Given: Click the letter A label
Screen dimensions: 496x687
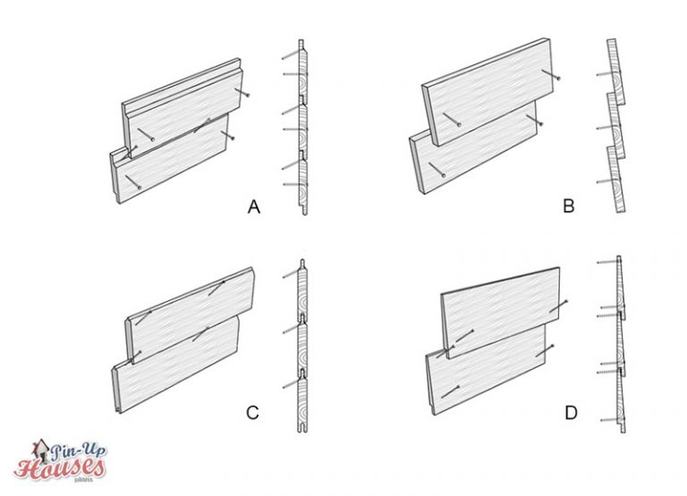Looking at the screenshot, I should click(x=253, y=207).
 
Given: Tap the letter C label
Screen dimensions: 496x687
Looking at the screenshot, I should click(x=252, y=412).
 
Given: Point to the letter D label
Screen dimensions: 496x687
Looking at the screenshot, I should click(x=568, y=412).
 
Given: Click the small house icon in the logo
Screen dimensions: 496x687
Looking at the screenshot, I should click(x=40, y=447).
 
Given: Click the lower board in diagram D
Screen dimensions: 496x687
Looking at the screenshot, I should click(x=488, y=375).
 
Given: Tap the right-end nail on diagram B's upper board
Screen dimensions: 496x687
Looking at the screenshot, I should click(x=557, y=80).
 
